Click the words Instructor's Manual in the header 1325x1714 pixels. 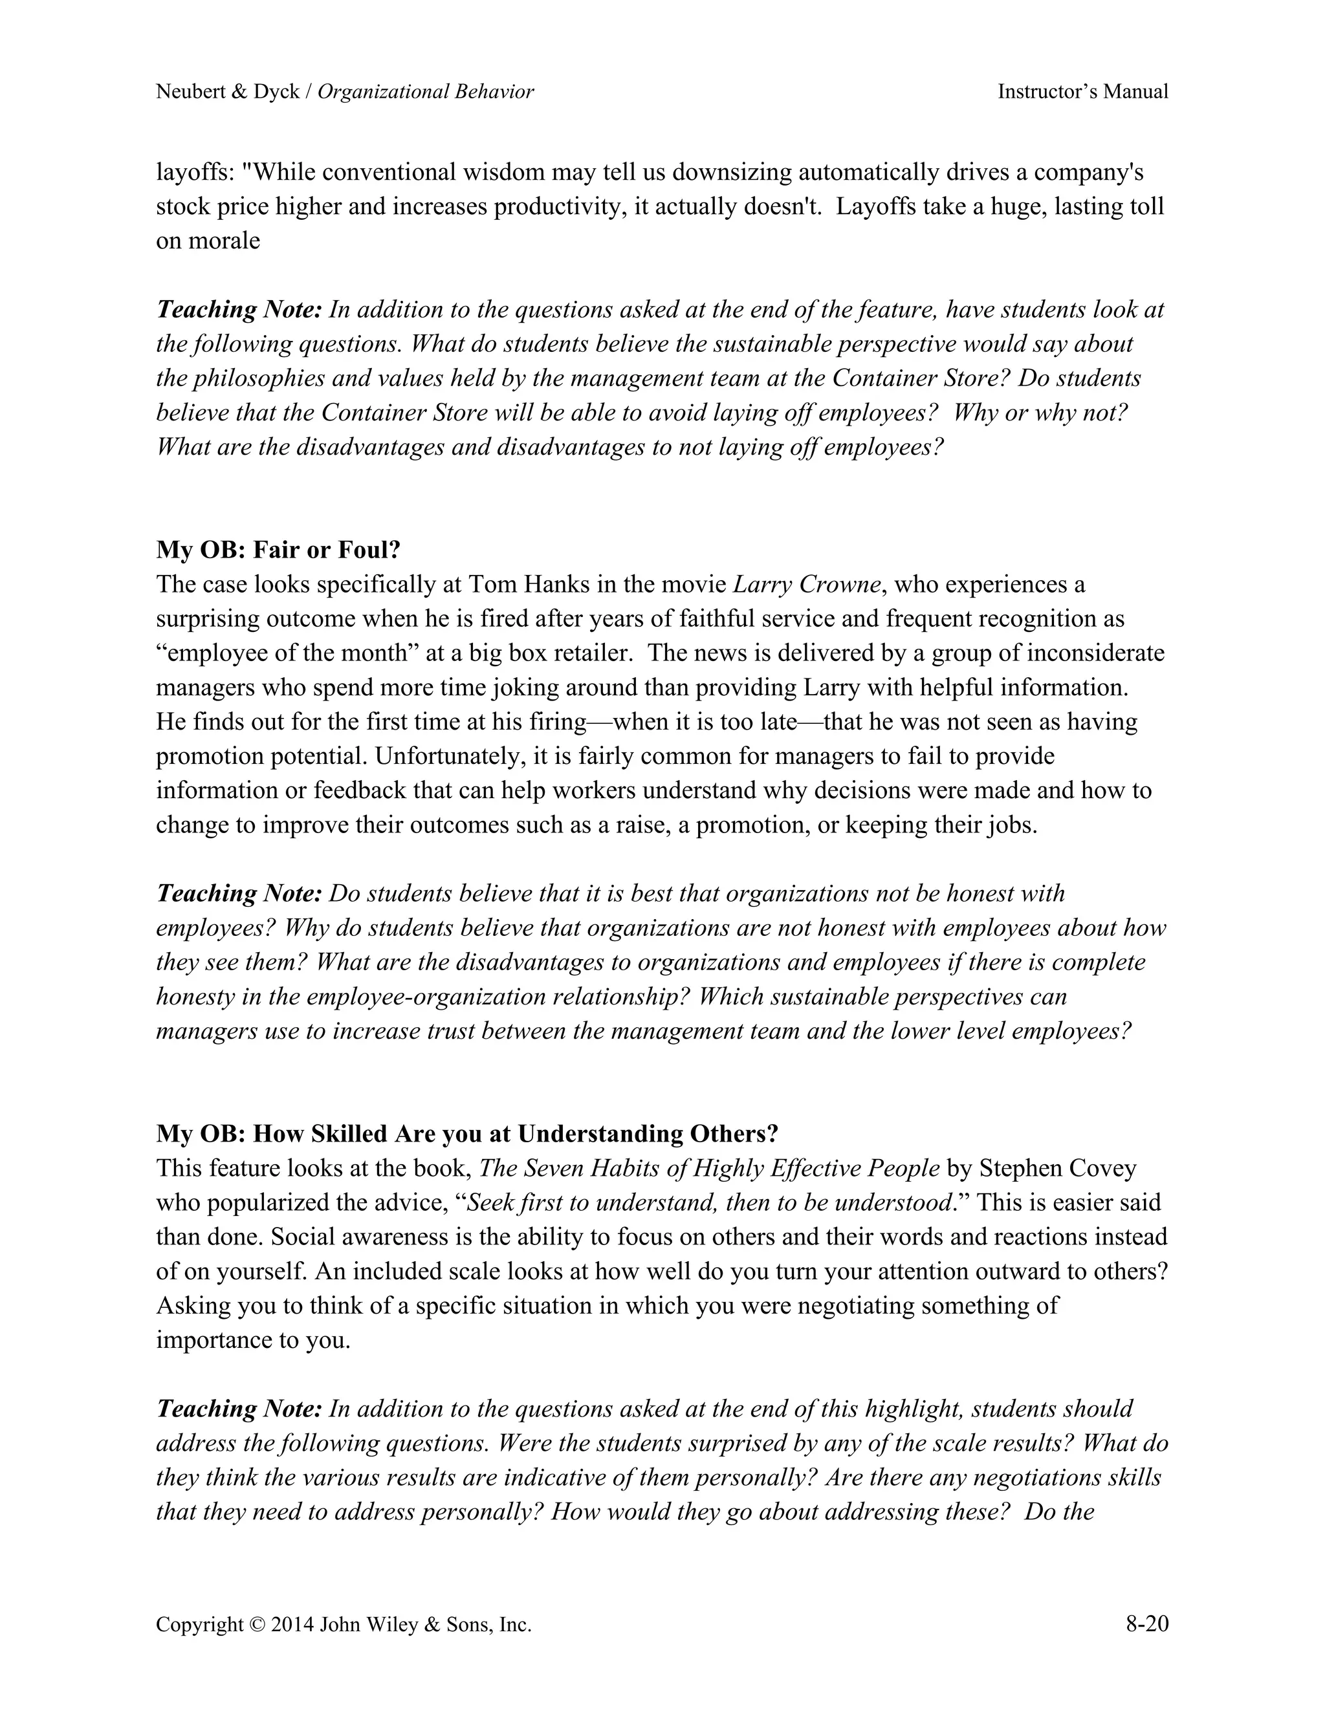coord(1082,92)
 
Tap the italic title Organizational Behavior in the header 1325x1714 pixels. coord(426,92)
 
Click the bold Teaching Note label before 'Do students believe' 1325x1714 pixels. coord(239,893)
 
